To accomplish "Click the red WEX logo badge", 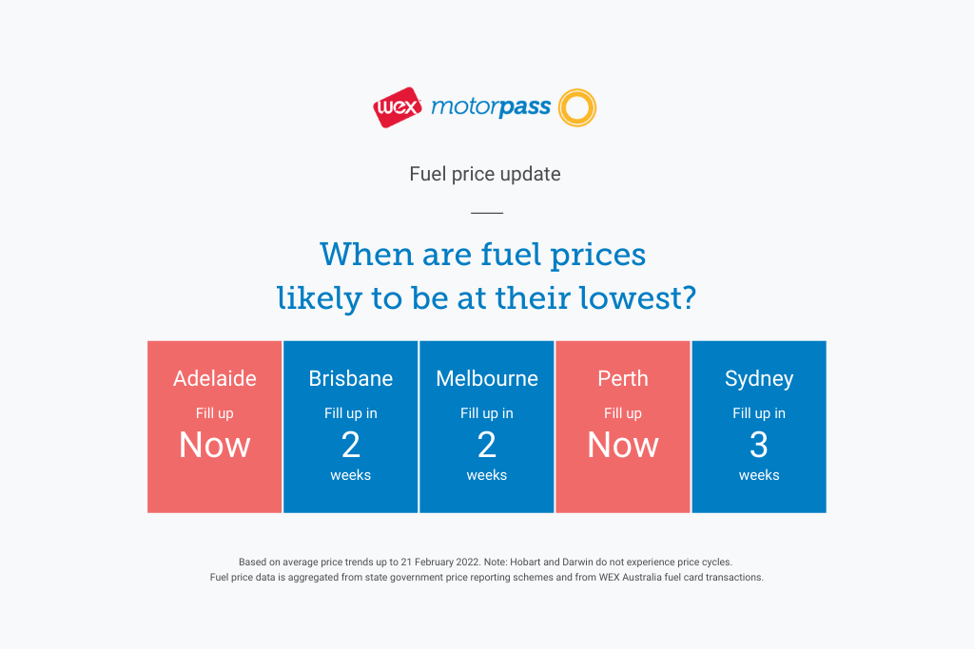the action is tap(398, 107).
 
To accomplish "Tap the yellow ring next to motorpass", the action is tap(577, 91).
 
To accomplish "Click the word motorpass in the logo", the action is tap(491, 107).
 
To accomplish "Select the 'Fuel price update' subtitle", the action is tap(485, 174).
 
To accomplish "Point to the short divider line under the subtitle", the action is tap(487, 213).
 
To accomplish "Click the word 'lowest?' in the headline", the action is tap(638, 297).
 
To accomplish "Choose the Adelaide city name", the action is tap(215, 378).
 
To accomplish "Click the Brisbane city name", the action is tap(351, 378).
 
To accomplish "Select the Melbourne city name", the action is tap(487, 378).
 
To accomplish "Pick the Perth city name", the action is tap(623, 378).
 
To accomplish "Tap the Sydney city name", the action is tap(759, 379).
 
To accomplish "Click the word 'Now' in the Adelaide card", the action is tap(215, 445).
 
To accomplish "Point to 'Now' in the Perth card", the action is tap(623, 445).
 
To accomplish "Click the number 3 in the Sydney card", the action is tap(759, 445).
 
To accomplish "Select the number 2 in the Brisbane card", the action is tap(351, 445).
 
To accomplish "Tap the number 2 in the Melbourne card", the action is tap(487, 445).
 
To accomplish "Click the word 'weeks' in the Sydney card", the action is tap(759, 475).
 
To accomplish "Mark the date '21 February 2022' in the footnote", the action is tap(439, 563).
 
